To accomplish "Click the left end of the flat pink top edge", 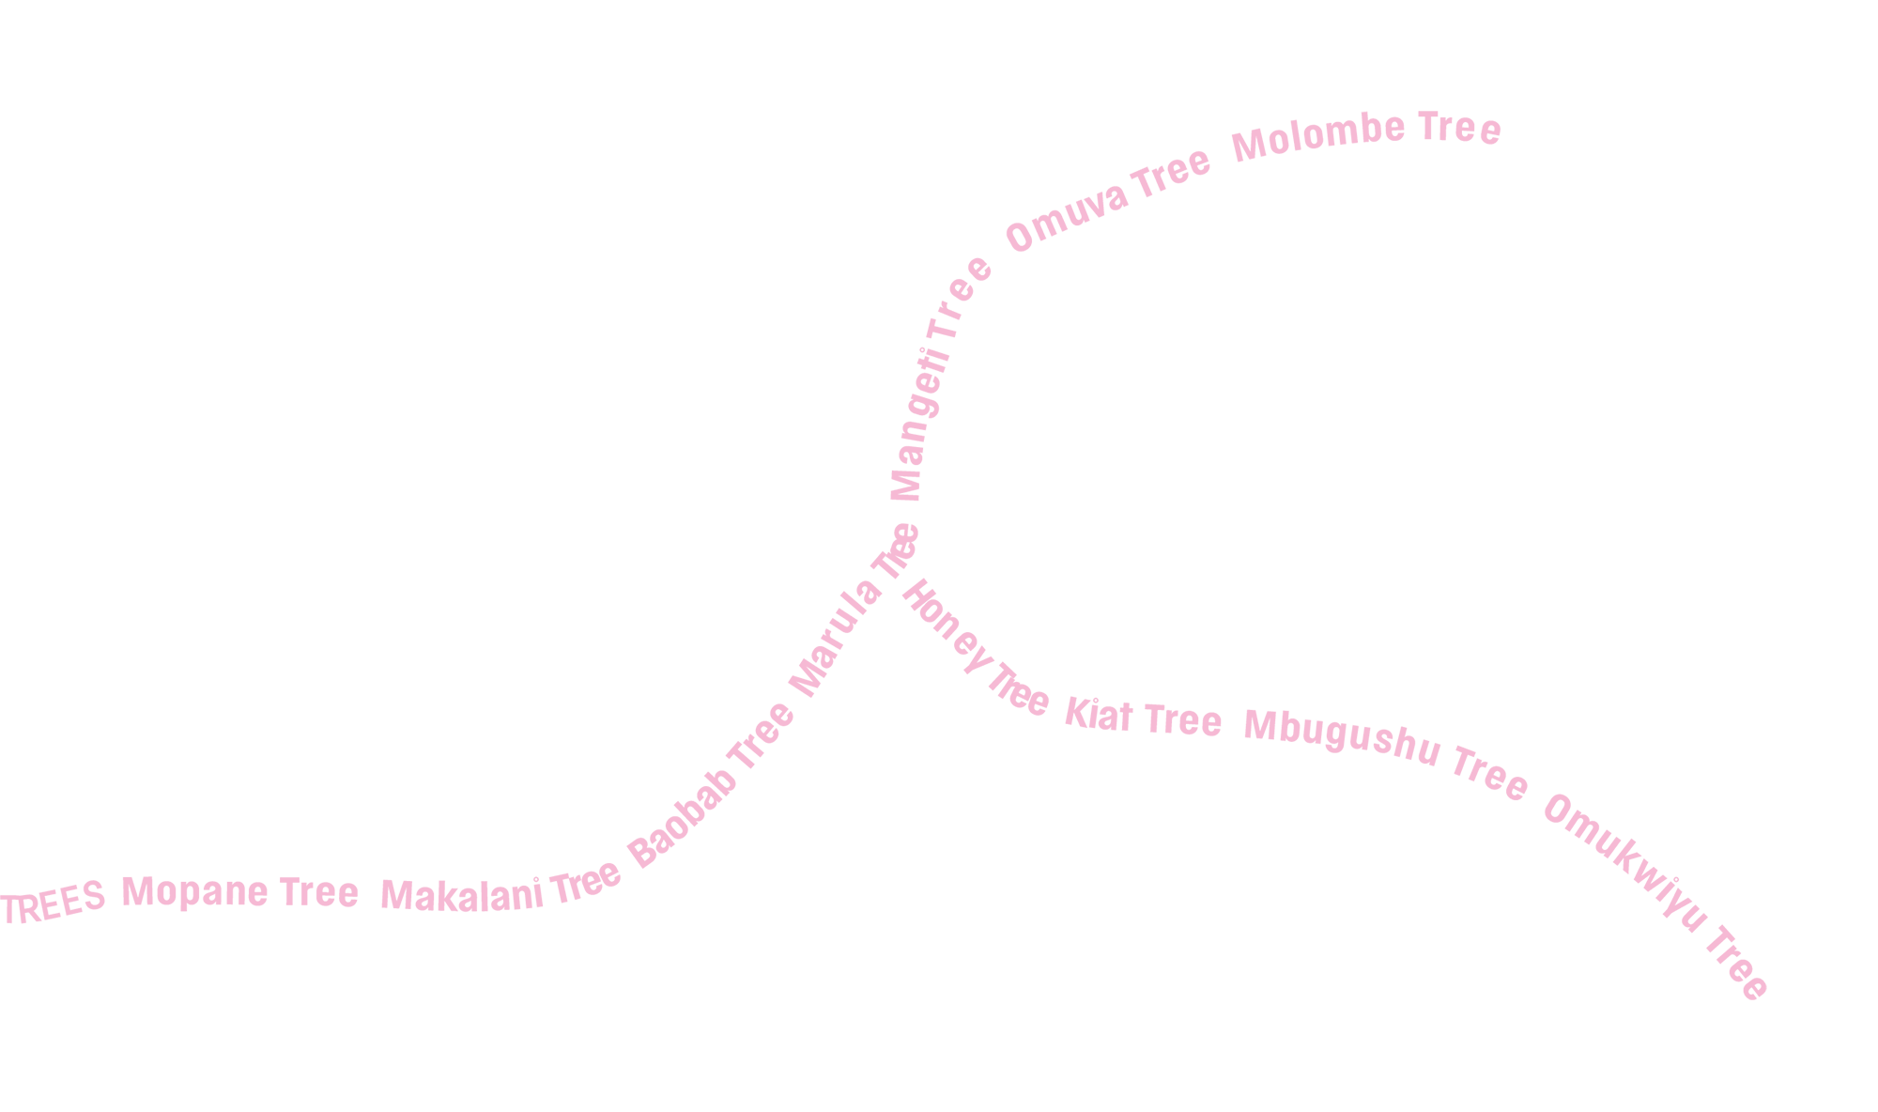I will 1362,107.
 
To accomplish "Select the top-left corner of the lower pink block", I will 897,520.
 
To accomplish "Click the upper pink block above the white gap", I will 1408,310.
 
